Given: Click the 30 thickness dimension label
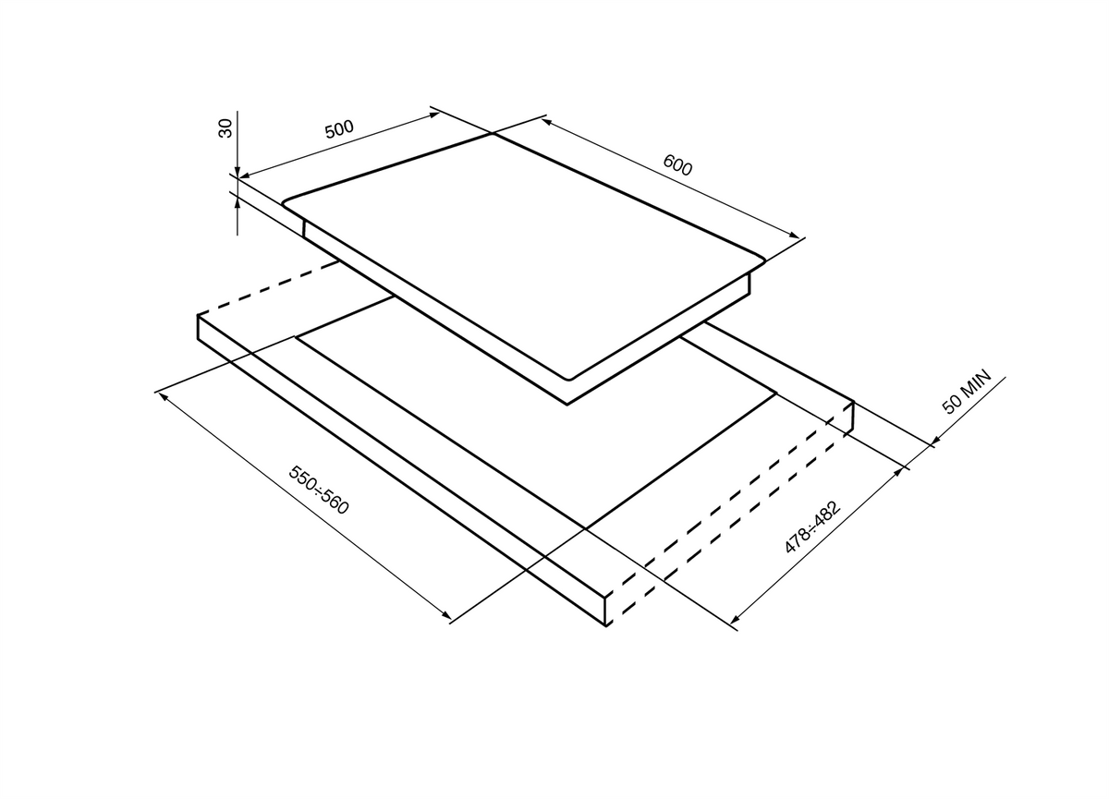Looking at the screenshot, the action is [225, 128].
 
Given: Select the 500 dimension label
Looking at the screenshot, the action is [339, 128].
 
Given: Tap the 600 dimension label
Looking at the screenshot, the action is [677, 165].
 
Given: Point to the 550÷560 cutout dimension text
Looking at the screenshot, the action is [319, 490].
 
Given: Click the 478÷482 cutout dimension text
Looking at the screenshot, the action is [813, 527].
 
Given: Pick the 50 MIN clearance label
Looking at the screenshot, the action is [967, 392].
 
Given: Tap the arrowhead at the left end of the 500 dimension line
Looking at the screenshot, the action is [246, 175].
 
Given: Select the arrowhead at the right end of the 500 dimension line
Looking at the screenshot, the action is [433, 115].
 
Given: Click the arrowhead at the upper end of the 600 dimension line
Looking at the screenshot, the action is [547, 122].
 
